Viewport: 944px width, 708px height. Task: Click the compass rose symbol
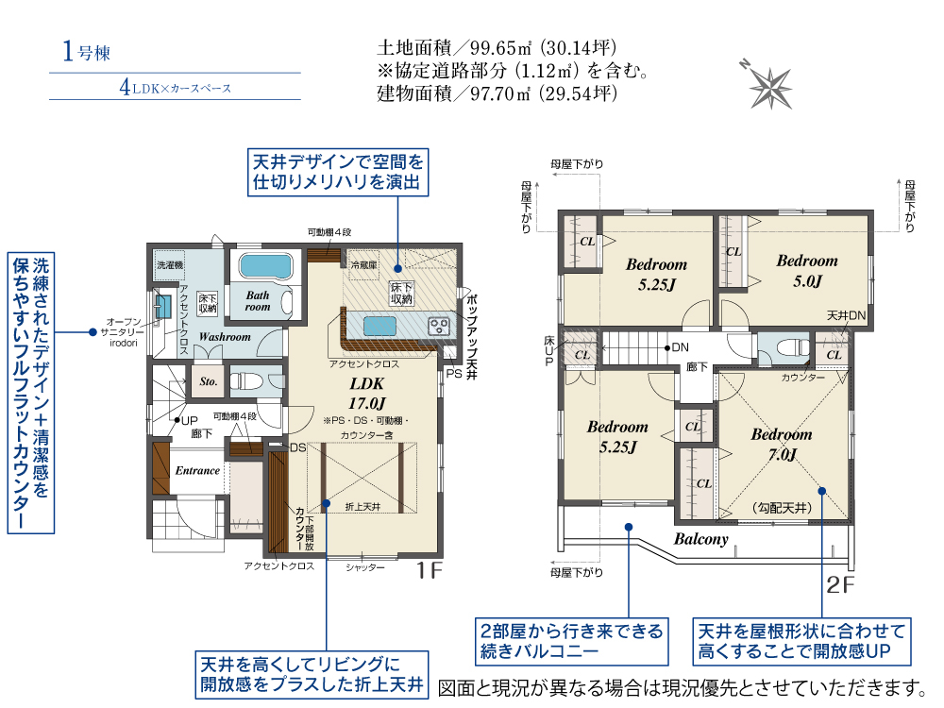(768, 86)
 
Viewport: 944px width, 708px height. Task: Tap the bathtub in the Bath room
(265, 267)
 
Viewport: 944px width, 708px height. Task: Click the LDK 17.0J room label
(366, 393)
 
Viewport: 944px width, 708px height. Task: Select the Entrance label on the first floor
(197, 470)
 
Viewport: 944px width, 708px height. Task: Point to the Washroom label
(225, 337)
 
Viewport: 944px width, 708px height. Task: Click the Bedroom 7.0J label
(782, 444)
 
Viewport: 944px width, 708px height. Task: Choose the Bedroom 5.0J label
(807, 270)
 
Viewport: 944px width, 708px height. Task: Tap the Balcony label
(700, 539)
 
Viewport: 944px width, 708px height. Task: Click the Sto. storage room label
(209, 381)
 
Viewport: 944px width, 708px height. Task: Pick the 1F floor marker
(430, 570)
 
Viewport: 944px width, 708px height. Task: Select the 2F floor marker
(840, 584)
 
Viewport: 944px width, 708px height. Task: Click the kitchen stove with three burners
(439, 327)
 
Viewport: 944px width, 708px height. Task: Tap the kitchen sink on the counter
(379, 327)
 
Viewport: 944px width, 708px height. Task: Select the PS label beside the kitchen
(454, 374)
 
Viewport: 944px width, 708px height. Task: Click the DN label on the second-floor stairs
(681, 347)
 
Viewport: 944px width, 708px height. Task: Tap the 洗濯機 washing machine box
(170, 265)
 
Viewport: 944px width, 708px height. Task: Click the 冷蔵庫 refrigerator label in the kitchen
(363, 265)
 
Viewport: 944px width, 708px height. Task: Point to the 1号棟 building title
(86, 52)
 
